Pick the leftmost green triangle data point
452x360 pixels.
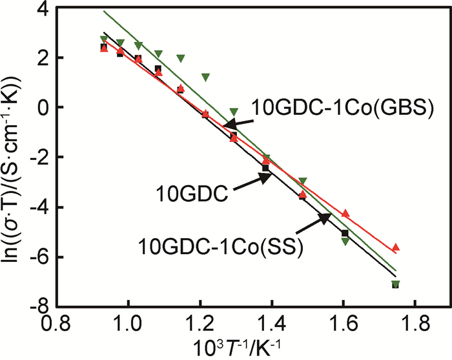point(104,40)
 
